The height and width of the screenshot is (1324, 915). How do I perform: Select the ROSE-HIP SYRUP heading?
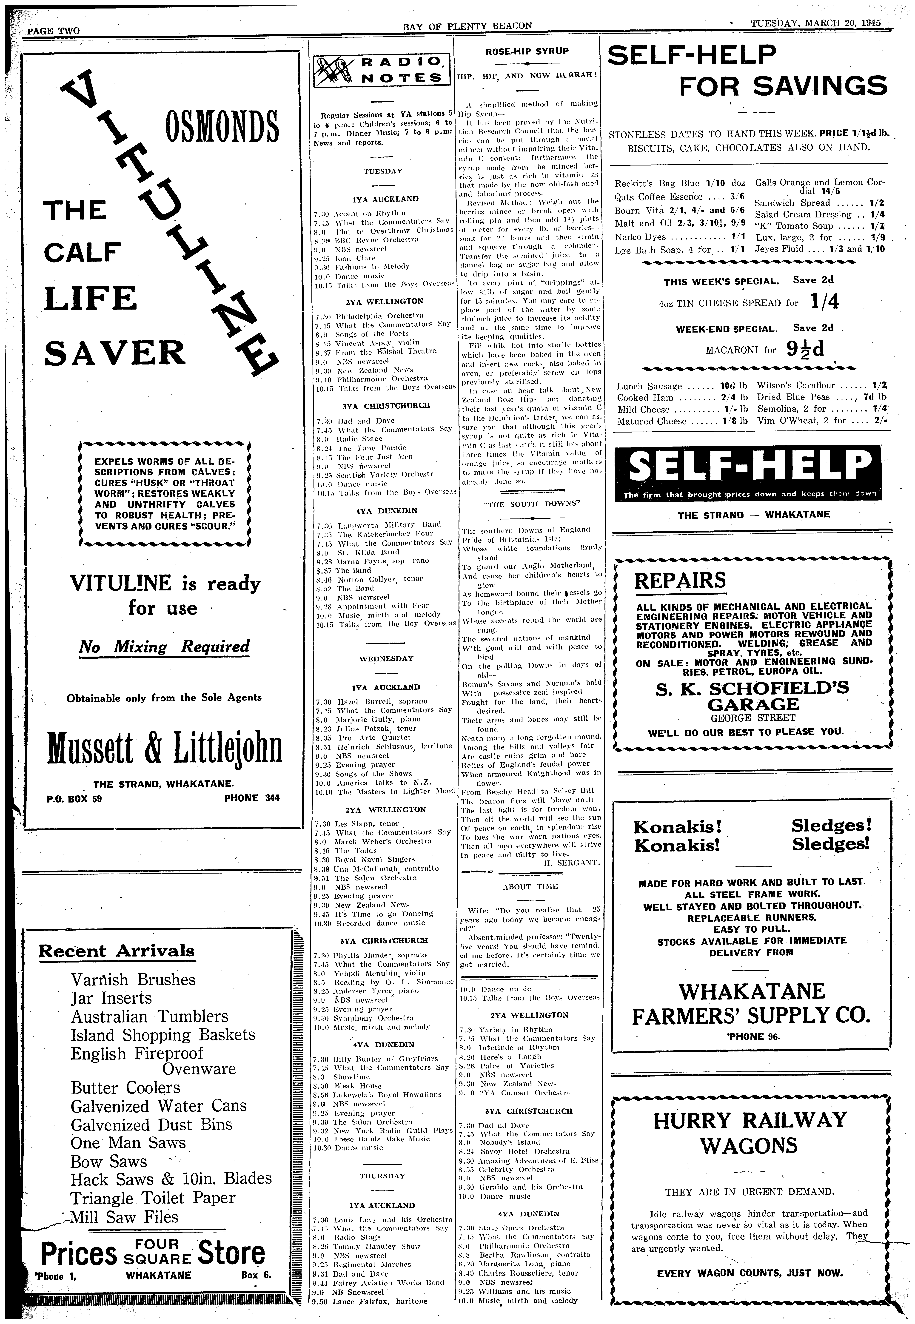coord(527,51)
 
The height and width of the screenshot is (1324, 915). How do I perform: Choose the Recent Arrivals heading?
coord(116,951)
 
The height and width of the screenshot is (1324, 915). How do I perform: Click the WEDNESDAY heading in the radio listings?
coord(386,659)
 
